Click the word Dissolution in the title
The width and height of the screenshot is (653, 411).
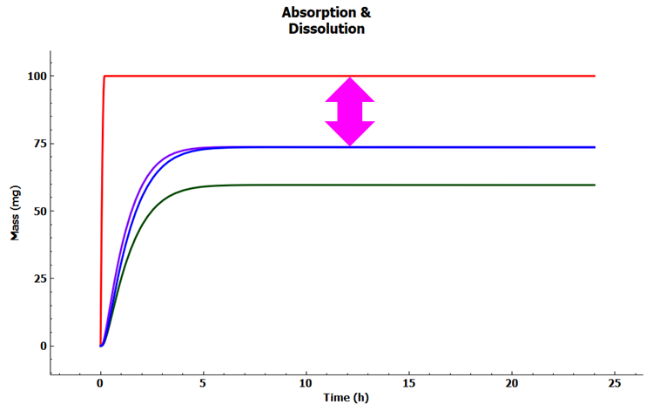point(326,29)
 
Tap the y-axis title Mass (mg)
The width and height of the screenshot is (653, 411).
point(15,212)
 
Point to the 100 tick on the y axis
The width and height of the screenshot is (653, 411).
point(34,76)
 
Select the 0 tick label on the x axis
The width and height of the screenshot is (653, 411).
point(101,382)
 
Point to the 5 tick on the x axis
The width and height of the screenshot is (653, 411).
point(204,382)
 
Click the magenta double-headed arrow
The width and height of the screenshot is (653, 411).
point(349,111)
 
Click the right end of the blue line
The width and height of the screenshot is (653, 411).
point(593,147)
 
